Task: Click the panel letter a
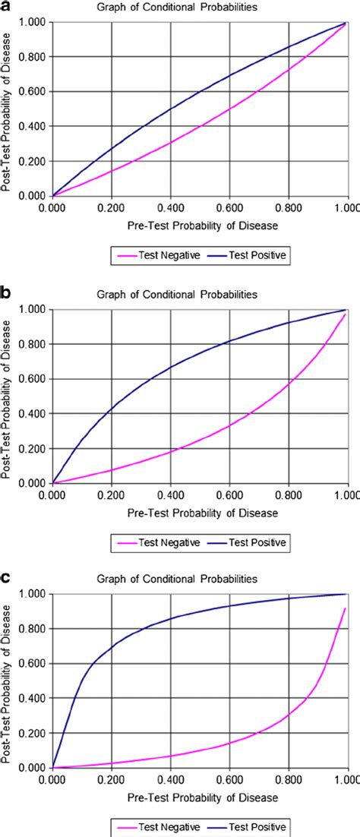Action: tap(6, 6)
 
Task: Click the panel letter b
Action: tap(6, 292)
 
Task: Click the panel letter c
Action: tap(6, 576)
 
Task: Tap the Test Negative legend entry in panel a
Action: tap(159, 256)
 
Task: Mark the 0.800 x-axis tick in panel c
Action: tap(289, 779)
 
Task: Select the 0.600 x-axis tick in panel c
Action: tap(229, 779)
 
